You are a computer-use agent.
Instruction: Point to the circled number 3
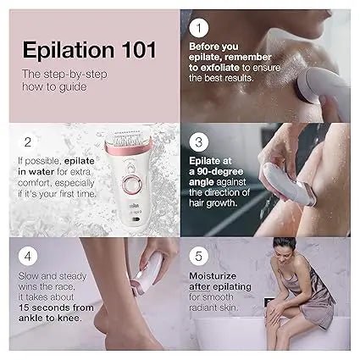click(201, 142)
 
